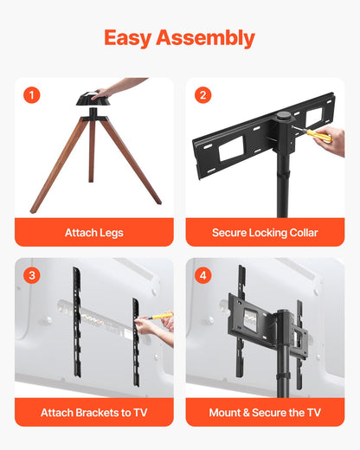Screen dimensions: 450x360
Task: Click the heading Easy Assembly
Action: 179,38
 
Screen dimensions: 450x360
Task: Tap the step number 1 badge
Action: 32,95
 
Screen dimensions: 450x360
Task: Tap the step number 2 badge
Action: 202,95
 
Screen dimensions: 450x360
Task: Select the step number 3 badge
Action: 32,275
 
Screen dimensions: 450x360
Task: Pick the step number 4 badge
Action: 202,275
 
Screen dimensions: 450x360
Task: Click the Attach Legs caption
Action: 93,233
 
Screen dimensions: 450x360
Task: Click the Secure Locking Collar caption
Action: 265,233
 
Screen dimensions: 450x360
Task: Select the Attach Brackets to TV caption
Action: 93,413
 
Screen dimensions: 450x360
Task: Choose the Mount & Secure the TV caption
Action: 265,413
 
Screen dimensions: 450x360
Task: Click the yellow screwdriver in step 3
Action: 160,317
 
